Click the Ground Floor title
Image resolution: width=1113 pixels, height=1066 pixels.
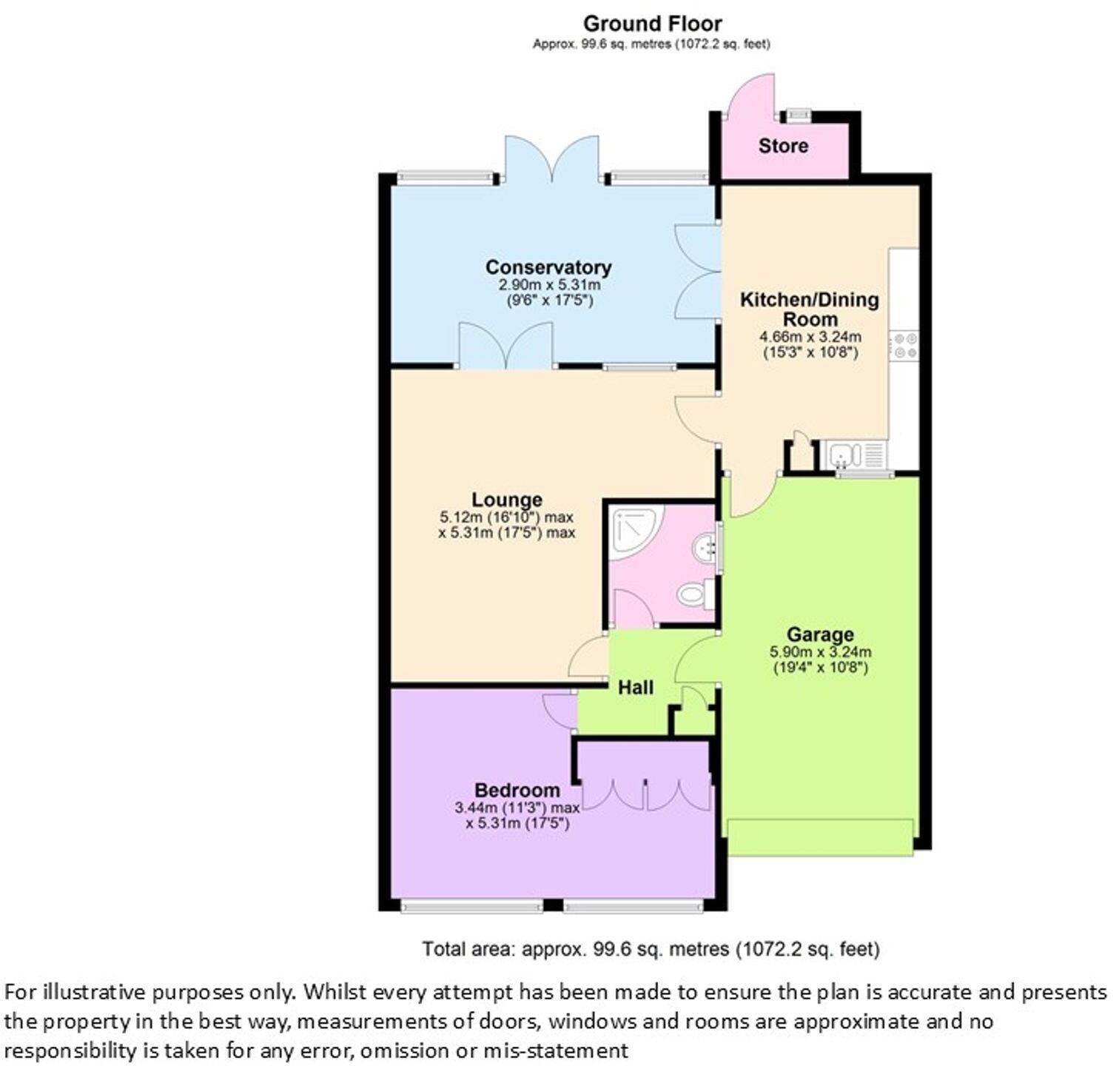coord(652,24)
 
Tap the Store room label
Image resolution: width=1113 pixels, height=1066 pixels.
coord(783,146)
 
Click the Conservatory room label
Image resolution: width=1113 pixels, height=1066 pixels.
coord(548,267)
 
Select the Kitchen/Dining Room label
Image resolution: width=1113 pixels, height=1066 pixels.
coord(810,309)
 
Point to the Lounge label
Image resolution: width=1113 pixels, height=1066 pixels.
coord(507,500)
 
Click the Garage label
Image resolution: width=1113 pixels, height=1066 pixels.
coord(820,634)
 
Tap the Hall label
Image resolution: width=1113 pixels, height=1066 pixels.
coord(636,688)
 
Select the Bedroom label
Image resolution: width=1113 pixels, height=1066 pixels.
coord(517,791)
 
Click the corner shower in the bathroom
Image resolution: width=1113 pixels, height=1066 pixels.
coord(633,529)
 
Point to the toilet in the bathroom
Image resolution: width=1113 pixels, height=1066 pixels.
coord(695,594)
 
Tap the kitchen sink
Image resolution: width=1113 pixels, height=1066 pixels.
coord(843,453)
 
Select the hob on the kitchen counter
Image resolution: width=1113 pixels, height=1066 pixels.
coord(904,346)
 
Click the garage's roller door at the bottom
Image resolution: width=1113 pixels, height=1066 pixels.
coord(820,837)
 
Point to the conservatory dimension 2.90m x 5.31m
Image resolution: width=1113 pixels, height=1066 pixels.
coord(548,285)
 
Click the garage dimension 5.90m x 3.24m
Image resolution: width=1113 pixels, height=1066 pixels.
coord(820,652)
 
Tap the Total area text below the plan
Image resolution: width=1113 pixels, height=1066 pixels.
coord(650,949)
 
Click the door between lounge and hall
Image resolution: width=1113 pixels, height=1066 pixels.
coord(588,657)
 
